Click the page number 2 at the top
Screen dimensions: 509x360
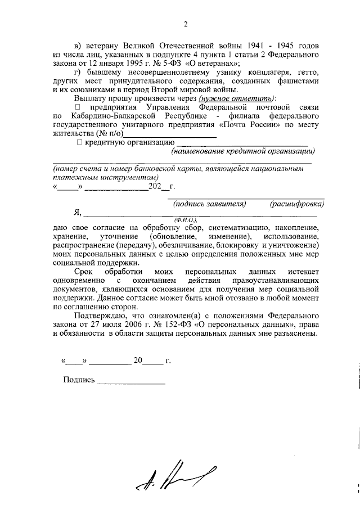tap(184, 23)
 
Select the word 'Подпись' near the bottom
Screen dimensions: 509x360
tap(79, 380)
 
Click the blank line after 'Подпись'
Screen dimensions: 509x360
tap(131, 381)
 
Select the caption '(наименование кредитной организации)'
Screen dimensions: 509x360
tap(243, 151)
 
